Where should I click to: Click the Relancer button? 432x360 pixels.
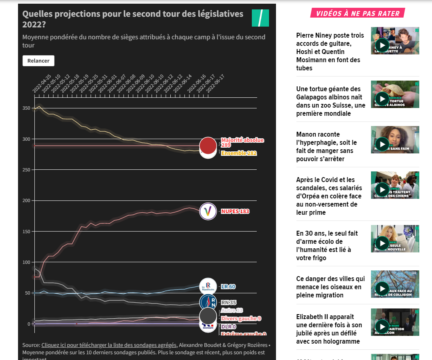pos(38,61)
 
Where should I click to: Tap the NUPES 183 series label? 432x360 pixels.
pos(235,211)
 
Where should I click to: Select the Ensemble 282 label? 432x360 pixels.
pos(239,153)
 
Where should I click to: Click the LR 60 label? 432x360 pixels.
pos(228,287)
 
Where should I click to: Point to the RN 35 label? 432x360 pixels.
pos(228,303)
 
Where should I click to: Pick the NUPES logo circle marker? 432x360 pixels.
pos(208,211)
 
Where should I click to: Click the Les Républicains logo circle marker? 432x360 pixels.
pos(208,286)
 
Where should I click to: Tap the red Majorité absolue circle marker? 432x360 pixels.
pos(208,145)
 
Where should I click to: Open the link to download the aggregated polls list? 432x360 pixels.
pos(109,345)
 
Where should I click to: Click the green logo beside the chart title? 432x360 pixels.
pos(260,18)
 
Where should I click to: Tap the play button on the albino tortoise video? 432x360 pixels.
pos(382,99)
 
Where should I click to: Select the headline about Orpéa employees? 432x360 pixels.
pos(329,196)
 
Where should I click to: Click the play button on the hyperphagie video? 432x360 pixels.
pos(382,144)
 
